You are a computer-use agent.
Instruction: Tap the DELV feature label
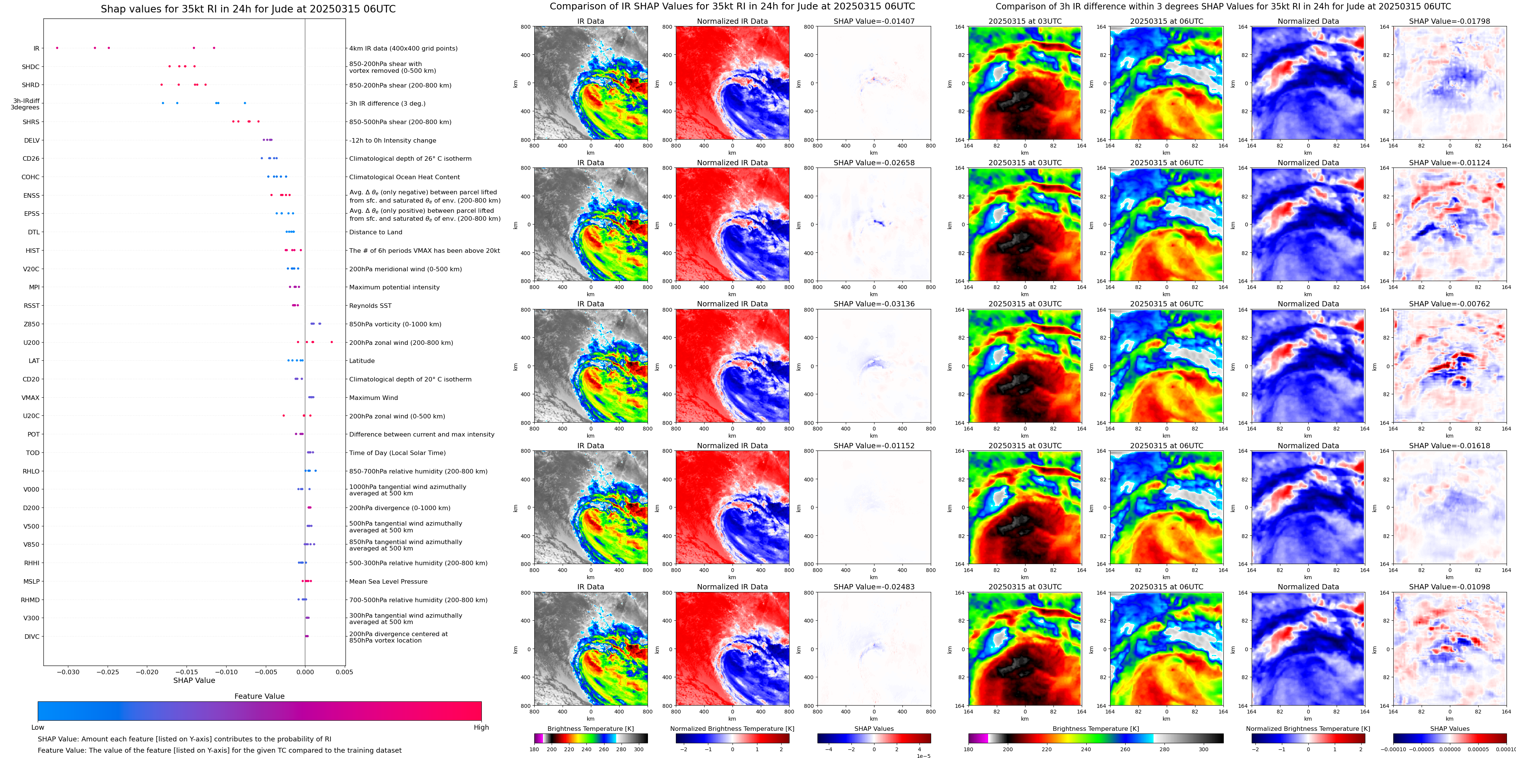(32, 140)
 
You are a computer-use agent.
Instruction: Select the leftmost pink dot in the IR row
(57, 48)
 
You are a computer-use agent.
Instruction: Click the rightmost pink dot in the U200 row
(332, 342)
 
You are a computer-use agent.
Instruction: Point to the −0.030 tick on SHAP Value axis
(68, 672)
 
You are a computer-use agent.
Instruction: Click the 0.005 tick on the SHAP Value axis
(344, 672)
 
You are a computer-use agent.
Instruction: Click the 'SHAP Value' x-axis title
(194, 680)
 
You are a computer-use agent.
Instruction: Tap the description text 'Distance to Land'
(375, 232)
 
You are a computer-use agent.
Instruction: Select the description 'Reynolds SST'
(370, 306)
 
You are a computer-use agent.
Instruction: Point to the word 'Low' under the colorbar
(38, 727)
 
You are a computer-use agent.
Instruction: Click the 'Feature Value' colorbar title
(259, 696)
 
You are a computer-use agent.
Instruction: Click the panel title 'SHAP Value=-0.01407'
(874, 21)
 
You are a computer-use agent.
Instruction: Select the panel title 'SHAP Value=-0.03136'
(874, 304)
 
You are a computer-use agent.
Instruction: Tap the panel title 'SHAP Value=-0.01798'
(1450, 21)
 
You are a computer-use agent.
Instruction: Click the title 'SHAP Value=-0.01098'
(1450, 587)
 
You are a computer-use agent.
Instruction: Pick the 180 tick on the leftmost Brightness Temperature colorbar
(534, 749)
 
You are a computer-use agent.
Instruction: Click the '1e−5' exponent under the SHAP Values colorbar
(923, 756)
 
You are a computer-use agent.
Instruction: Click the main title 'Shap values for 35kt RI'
(248, 9)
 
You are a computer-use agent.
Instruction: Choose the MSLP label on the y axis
(32, 581)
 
